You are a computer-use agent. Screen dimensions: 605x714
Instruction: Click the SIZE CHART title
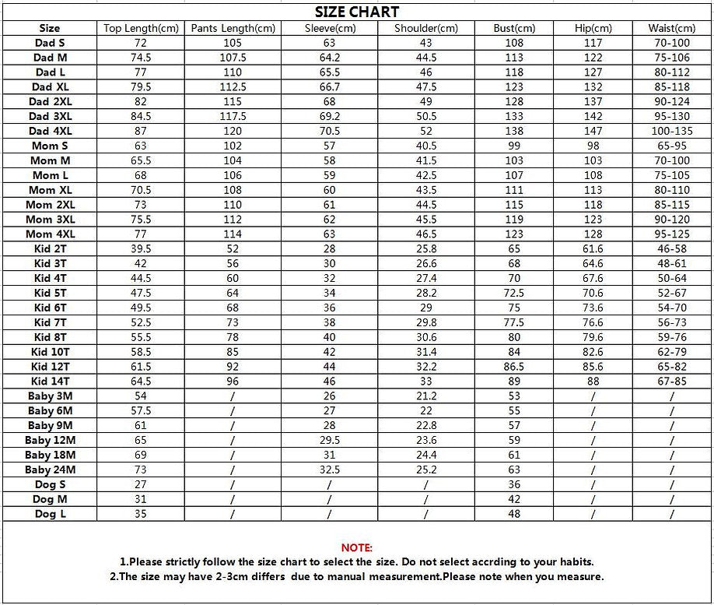coord(357,12)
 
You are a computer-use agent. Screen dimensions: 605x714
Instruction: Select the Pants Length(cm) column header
coord(233,29)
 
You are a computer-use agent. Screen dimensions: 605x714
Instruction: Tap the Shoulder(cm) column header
coord(426,29)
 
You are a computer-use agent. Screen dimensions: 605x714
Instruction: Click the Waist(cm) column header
coord(671,29)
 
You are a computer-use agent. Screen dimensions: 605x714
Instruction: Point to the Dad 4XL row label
coord(50,131)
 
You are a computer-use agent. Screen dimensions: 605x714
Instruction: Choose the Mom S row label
coord(50,146)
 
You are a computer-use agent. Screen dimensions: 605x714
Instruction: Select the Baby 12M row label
coord(50,440)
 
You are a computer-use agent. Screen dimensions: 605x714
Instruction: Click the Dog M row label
coord(51,499)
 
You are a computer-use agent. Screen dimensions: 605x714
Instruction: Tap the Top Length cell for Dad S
coord(141,43)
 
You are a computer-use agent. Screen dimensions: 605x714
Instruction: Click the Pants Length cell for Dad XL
coord(233,87)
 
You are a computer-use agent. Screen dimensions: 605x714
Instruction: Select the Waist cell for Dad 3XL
coord(671,116)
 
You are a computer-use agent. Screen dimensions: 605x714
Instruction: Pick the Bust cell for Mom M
coord(514,160)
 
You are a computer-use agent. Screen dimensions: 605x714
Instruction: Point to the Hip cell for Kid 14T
coord(593,382)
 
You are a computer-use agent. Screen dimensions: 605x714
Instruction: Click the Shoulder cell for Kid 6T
coord(426,308)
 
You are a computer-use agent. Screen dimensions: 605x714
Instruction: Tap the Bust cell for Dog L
coord(514,514)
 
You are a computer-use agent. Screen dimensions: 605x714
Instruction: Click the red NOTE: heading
coord(357,548)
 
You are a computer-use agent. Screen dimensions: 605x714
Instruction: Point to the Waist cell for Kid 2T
coord(671,249)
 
